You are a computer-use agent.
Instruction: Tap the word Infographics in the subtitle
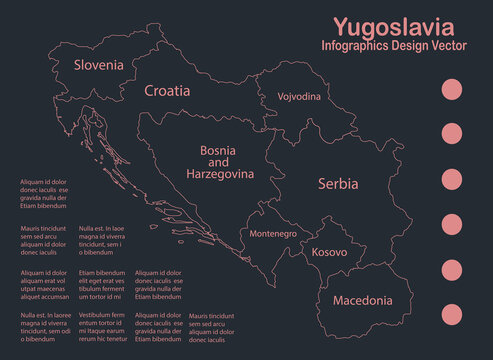pyautogui.click(x=357, y=48)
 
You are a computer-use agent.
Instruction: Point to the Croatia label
pyautogui.click(x=166, y=90)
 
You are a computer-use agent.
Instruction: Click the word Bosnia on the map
pyautogui.click(x=219, y=150)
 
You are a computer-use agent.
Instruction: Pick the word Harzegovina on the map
pyautogui.click(x=220, y=174)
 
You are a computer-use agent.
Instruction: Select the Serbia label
pyautogui.click(x=336, y=184)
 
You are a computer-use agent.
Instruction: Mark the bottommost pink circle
pyautogui.click(x=452, y=313)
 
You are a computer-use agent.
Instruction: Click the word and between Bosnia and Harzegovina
pyautogui.click(x=219, y=162)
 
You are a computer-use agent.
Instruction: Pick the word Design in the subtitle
pyautogui.click(x=408, y=48)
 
